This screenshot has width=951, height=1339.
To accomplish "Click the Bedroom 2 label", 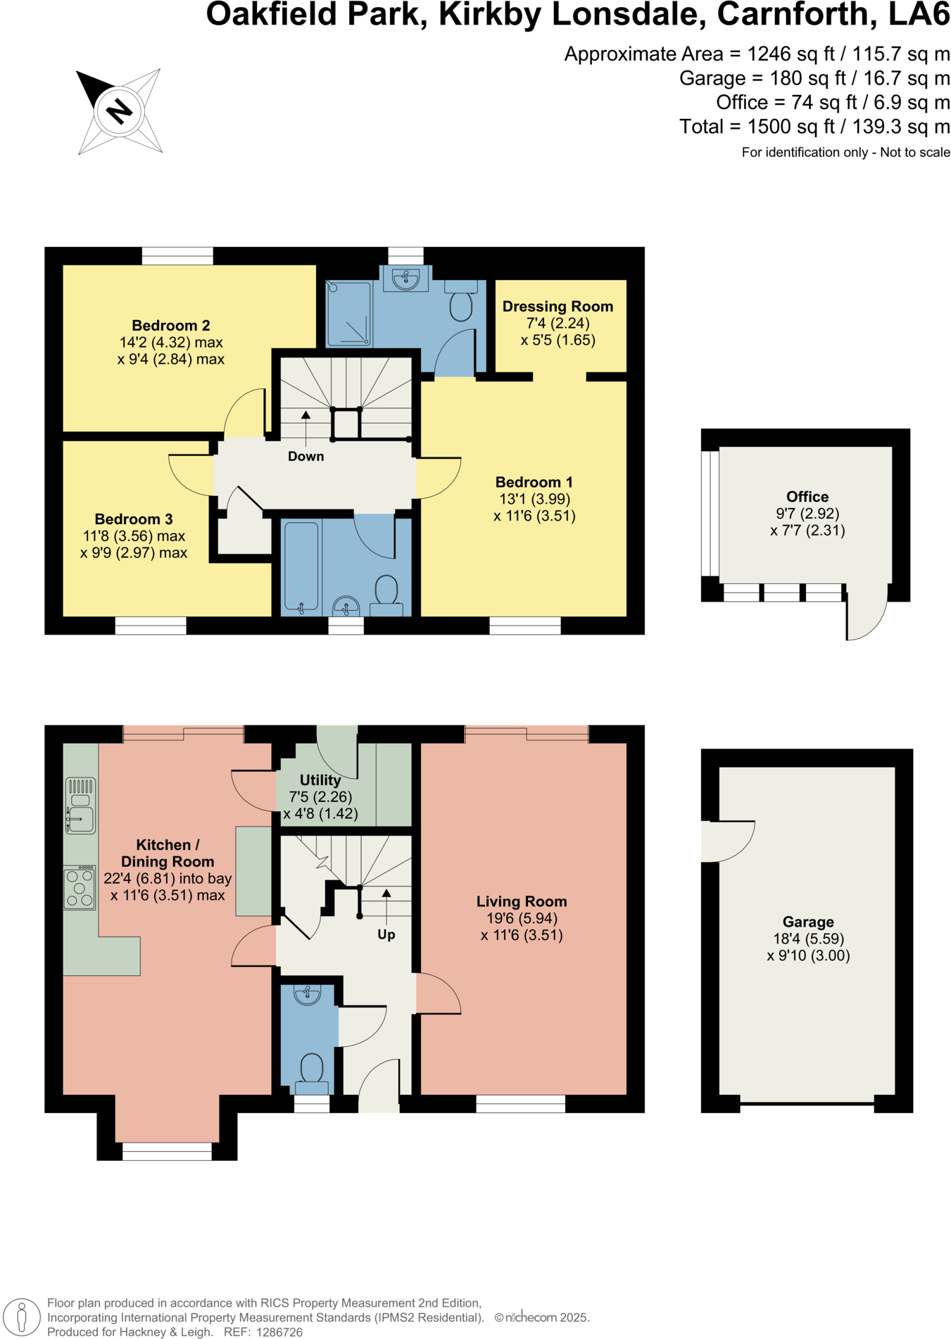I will coord(171,326).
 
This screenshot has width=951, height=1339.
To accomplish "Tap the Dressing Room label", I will coord(558,307).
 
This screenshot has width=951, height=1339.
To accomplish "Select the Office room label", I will coord(807,497).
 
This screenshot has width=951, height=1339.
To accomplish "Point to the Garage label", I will coord(808,922).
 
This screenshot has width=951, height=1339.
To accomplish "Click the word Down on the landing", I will coord(306,457).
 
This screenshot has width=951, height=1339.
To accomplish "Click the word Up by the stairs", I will coord(386,934).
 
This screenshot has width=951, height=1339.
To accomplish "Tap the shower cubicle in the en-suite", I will coord(349,314).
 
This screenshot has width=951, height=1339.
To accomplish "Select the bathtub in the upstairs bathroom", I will coord(301,566).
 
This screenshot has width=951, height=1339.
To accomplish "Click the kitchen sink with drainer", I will coord(80,806).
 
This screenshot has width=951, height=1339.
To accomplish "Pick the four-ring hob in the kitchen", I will coord(80,888).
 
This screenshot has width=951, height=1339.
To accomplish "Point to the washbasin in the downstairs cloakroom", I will coord(307,994).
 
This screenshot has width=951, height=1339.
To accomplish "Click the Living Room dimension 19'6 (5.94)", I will coord(522,918).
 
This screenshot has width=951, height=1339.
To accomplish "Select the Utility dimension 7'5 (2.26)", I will coord(320,797).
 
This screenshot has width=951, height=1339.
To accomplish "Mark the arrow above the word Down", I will coord(306,416).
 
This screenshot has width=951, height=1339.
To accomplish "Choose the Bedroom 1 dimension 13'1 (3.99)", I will coord(534,499).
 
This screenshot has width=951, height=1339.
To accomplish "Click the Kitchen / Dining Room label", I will coord(168,853).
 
